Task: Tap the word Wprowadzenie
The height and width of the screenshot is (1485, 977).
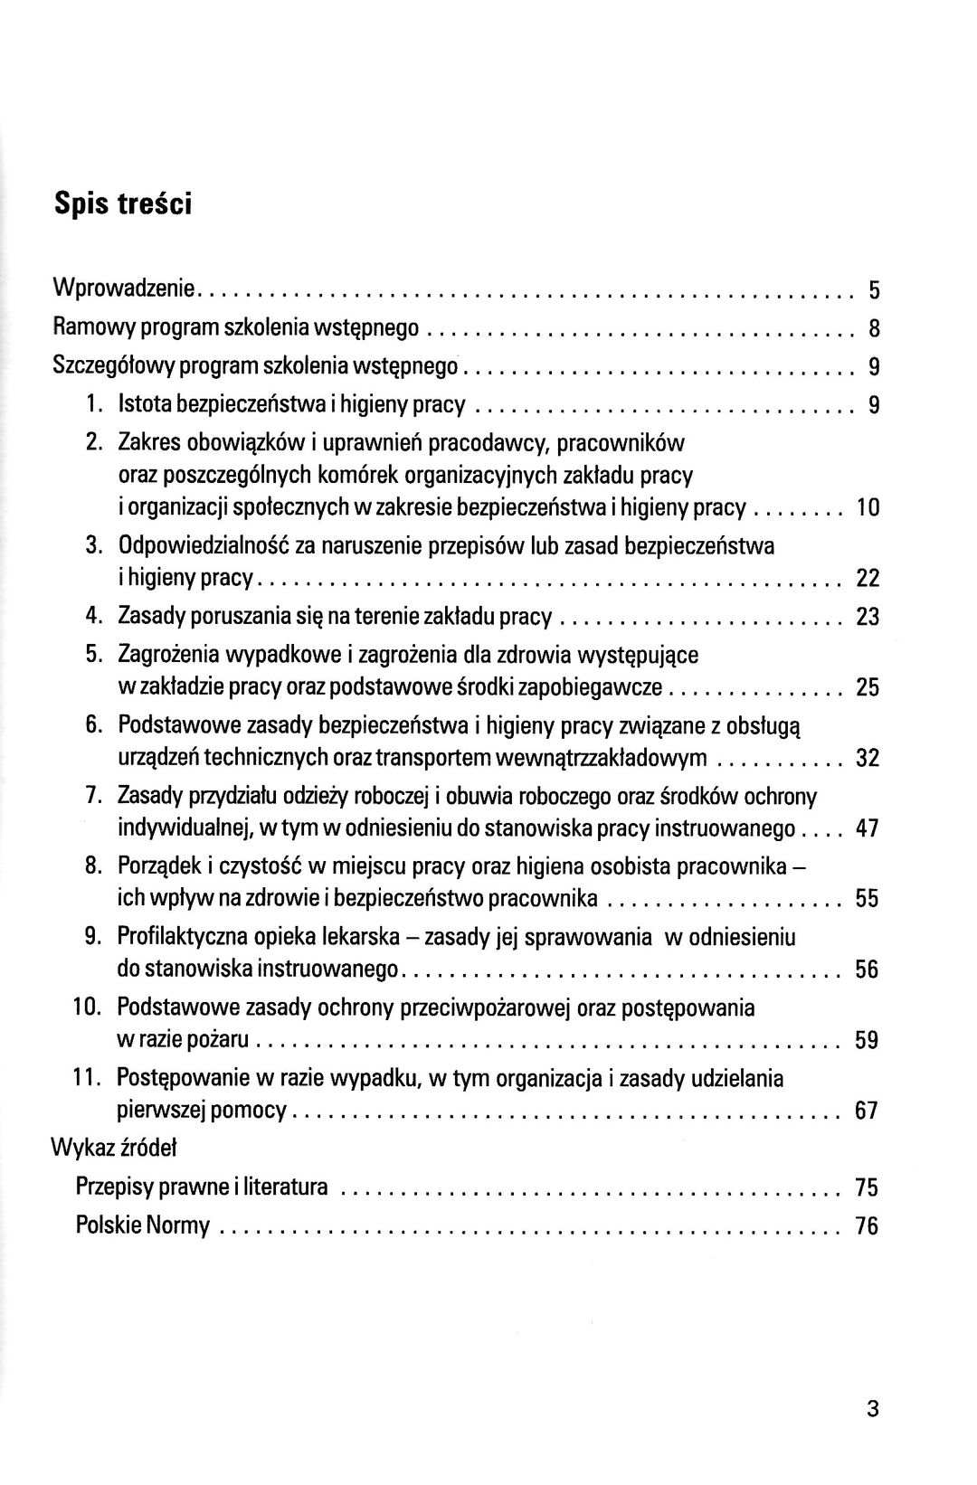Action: (125, 289)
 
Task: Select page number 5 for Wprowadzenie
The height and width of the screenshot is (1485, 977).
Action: (874, 290)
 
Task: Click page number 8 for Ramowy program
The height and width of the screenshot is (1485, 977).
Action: (874, 327)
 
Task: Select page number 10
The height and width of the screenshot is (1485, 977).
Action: (868, 509)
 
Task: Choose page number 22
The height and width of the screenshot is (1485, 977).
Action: (868, 579)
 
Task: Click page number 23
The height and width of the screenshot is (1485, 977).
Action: (868, 618)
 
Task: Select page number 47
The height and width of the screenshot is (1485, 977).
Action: (868, 828)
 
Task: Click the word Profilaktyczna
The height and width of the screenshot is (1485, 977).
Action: (175, 937)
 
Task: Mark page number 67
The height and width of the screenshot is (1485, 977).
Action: (868, 1111)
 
